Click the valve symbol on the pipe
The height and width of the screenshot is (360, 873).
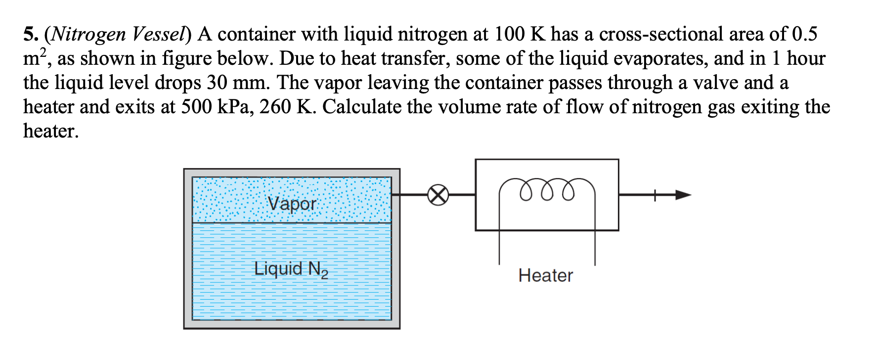tap(438, 195)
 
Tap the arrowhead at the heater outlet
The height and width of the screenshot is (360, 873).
tap(683, 195)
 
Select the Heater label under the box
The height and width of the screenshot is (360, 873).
tap(546, 275)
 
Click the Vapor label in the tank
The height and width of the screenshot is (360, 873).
tap(292, 203)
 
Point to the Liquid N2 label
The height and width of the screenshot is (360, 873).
tap(291, 269)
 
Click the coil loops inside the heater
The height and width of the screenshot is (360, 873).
tap(547, 191)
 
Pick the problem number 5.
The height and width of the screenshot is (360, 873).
tap(30, 34)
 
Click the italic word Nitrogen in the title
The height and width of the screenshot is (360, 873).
tap(88, 34)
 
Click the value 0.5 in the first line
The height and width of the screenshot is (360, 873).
tap(804, 34)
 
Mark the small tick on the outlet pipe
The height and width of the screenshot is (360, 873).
tap(655, 195)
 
